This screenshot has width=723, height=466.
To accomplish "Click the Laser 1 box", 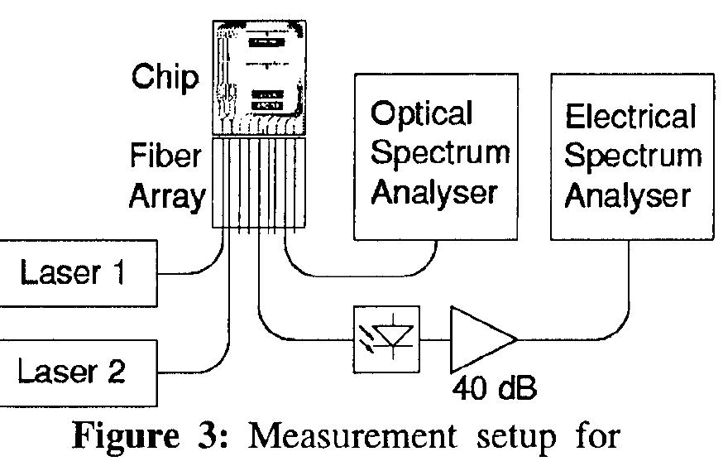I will click(79, 272).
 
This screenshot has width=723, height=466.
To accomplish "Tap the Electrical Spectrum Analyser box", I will click(631, 156).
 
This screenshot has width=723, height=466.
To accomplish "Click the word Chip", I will click(165, 78).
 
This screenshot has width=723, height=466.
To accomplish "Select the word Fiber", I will click(166, 156).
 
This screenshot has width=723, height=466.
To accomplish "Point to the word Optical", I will click(422, 113).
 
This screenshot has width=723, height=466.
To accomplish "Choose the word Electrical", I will click(630, 117).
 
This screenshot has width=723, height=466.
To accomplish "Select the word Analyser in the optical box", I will click(434, 193).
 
